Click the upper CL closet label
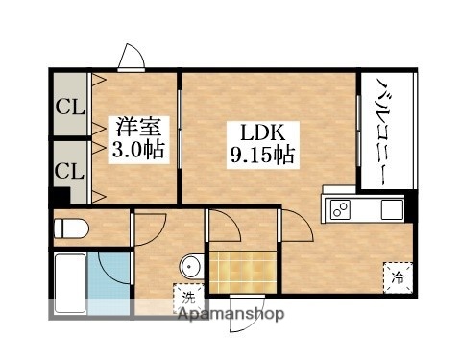pyautogui.click(x=67, y=106)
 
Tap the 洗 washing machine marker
pyautogui.click(x=181, y=298)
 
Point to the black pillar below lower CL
pyautogui.click(x=62, y=200)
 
